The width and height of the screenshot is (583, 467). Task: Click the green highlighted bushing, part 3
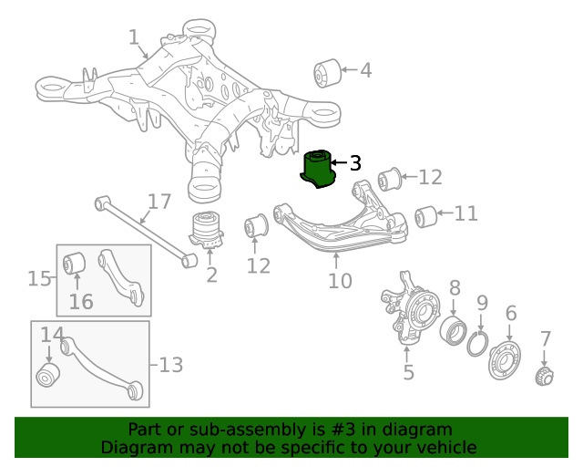click(318, 169)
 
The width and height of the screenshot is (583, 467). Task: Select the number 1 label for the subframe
click(134, 37)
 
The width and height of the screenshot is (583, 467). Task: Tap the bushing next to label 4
click(326, 69)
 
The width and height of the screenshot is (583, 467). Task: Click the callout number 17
click(159, 201)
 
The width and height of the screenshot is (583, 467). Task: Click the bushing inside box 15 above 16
click(74, 265)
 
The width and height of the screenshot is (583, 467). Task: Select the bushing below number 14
click(46, 375)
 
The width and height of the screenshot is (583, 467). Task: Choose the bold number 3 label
click(355, 164)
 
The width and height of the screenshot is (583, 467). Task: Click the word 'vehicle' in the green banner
click(444, 448)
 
